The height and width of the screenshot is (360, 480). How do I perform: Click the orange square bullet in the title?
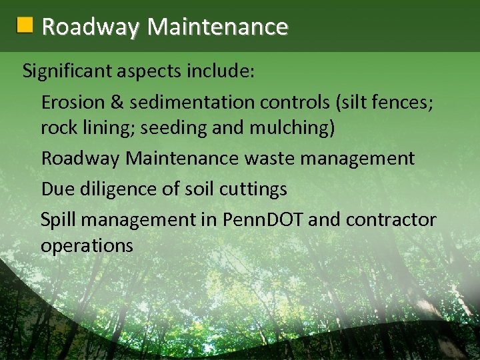pos(25,26)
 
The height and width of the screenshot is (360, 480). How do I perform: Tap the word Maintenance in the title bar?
pos(217,27)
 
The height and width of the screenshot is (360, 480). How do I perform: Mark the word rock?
pos(57,127)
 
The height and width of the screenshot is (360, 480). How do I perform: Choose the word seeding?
pos(171,128)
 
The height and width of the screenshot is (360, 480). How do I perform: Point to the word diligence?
pos(117,189)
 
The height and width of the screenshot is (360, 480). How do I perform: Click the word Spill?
pos(57,220)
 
